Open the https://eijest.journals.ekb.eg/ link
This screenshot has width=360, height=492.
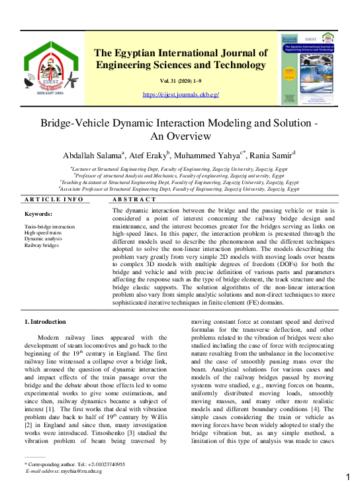coord(181,95)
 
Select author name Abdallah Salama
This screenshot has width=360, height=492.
coord(96,156)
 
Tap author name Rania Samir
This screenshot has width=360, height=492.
coord(275,156)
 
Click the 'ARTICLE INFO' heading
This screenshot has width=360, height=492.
coord(54,199)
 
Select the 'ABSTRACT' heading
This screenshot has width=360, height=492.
coord(134,199)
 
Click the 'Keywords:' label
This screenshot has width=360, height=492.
coord(39,215)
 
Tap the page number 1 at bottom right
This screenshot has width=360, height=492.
coord(348,477)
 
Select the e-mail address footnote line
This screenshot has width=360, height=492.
coord(64,471)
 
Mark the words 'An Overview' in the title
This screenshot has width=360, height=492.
coord(181,136)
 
